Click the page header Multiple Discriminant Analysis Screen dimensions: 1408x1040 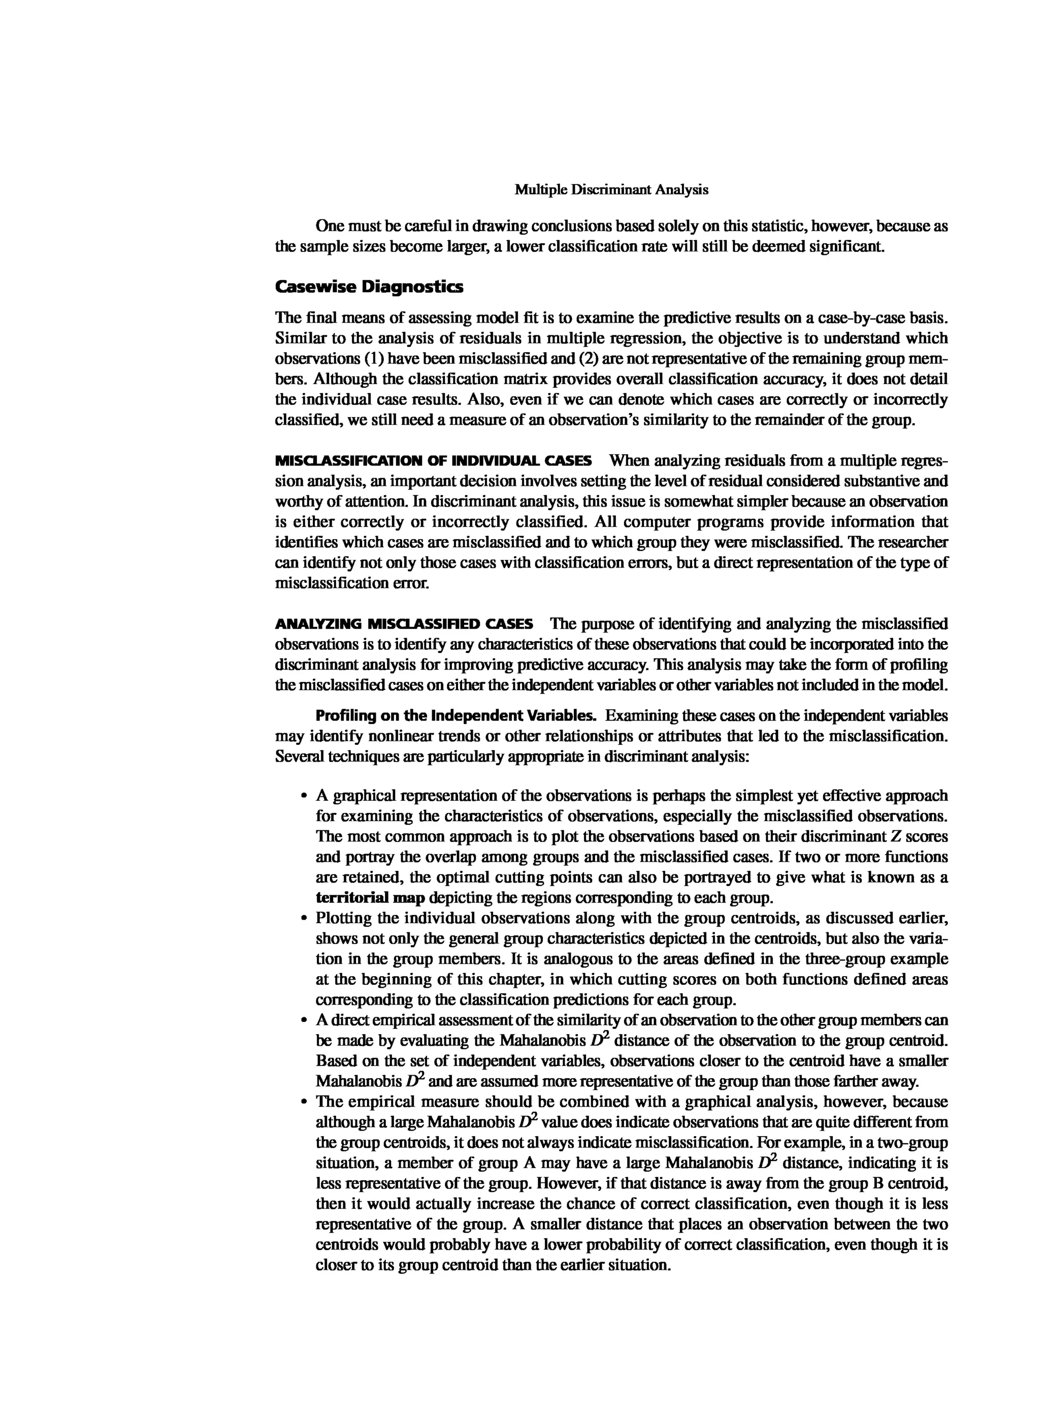coord(611,190)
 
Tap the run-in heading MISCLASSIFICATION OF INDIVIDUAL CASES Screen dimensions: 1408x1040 coord(433,460)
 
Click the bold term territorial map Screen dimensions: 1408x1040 coord(370,898)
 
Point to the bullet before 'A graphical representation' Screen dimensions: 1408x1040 coord(304,796)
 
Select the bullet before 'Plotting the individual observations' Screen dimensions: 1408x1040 coord(304,919)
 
